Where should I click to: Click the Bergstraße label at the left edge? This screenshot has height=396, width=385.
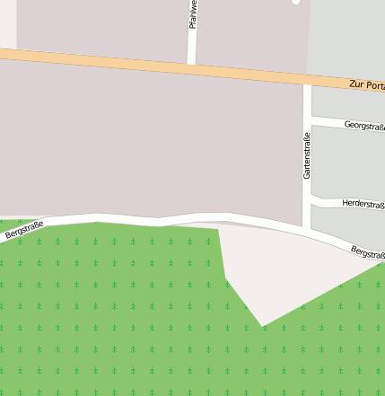23,229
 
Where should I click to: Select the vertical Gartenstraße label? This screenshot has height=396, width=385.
307,155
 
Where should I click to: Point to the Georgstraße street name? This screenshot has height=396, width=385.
363,127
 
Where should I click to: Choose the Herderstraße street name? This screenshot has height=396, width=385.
363,205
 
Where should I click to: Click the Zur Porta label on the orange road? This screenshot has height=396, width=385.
366,85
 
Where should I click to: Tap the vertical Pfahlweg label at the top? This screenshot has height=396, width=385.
193,14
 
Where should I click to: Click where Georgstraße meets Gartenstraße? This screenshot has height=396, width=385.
307,118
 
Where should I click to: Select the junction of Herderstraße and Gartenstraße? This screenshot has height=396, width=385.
307,198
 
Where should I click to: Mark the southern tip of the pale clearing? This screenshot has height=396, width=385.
262,325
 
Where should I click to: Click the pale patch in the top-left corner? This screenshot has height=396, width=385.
7,22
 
